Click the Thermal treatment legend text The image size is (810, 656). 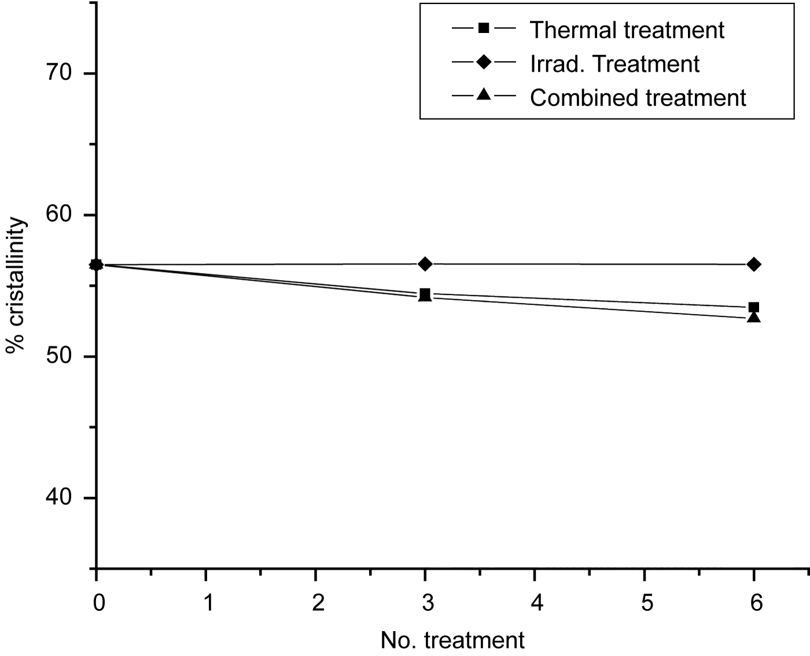pos(627,30)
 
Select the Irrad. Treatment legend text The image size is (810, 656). pos(614,64)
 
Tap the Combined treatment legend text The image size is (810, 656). pos(638,98)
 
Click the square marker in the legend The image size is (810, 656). pos(484,27)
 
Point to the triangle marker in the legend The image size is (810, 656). pos(484,95)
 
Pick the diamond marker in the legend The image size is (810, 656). pos(484,61)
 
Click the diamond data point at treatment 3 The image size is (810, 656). pos(425,264)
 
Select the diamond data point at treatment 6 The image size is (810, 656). pos(754,264)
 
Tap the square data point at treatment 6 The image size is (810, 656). pos(754,307)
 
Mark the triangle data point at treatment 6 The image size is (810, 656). pos(754,317)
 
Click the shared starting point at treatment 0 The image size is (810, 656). pos(97,265)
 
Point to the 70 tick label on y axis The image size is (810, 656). pos(58,73)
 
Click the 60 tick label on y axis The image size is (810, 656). pos(58,215)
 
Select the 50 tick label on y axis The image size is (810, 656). pos(58,356)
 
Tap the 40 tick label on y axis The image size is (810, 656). pos(58,498)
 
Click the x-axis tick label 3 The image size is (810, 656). pos(427,604)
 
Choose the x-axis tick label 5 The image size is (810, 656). pos(647,604)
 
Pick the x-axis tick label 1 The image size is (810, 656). pos(208,604)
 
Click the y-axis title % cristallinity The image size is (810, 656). pos(17,286)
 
